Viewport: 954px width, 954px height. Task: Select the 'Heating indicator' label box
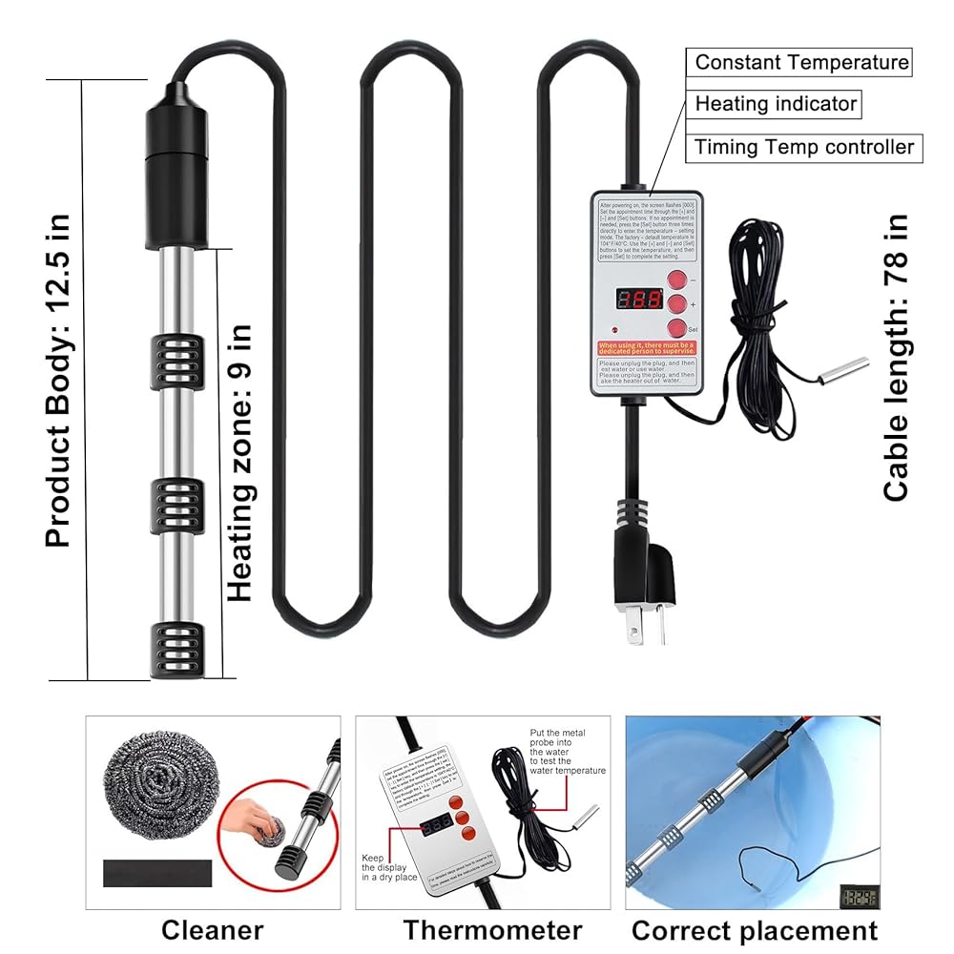(x=776, y=104)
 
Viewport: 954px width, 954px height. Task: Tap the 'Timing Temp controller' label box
(x=804, y=148)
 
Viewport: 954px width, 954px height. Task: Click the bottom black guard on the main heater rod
(x=176, y=651)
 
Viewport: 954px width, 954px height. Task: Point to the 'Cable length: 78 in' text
(x=897, y=358)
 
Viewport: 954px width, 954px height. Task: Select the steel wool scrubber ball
(x=156, y=787)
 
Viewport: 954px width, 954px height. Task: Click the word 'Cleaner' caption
(x=212, y=930)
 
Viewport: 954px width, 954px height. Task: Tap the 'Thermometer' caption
(x=492, y=930)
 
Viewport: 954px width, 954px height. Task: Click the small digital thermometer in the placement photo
(x=858, y=898)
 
